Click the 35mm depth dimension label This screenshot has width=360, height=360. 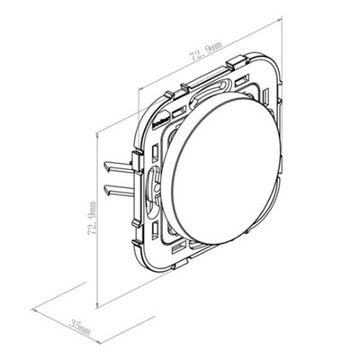pos(79,328)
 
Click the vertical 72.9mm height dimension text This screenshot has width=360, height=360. pos(93,219)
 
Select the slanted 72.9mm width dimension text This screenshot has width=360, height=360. pos(206,51)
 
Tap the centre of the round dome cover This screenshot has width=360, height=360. pos(222,168)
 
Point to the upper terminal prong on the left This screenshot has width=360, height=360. pos(118,166)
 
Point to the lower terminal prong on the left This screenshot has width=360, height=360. pos(118,190)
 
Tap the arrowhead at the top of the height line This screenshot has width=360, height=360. pos(96,136)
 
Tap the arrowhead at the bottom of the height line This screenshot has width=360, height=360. pos(96,305)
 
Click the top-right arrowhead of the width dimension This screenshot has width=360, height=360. pos(279,19)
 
